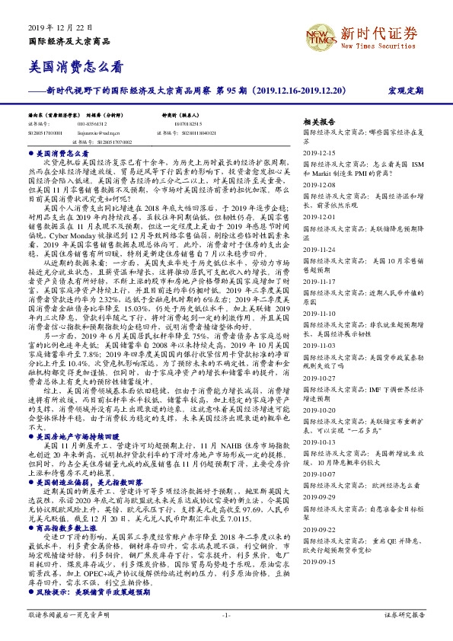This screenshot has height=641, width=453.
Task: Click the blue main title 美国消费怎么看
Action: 75,67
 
